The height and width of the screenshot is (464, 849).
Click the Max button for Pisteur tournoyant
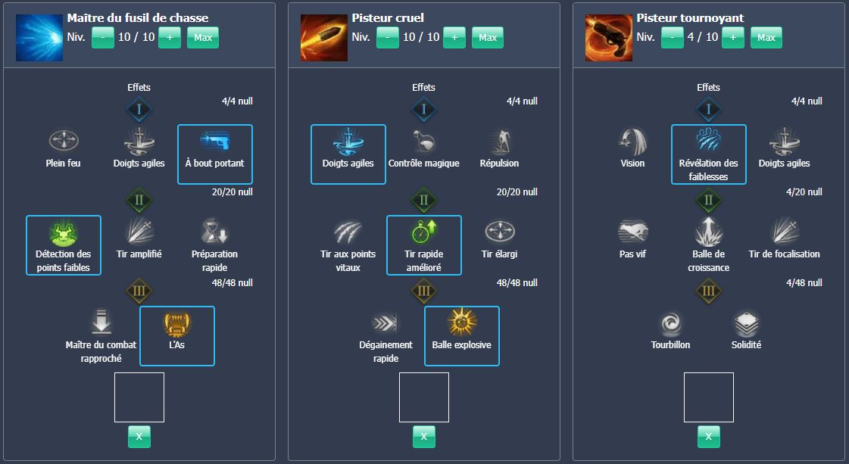[766, 37]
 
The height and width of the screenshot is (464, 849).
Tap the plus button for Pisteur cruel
[454, 37]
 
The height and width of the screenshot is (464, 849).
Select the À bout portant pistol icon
[215, 141]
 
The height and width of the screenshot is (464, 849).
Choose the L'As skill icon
[177, 323]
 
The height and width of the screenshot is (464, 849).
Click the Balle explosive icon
[462, 323]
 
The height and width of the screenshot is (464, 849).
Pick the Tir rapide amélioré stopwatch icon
[424, 232]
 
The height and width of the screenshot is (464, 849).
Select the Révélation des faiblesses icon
[709, 141]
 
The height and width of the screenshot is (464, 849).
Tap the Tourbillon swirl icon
[671, 323]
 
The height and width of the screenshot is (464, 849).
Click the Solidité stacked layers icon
[747, 323]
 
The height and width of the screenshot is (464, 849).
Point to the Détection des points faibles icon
[64, 232]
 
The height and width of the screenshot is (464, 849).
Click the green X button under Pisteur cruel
[424, 436]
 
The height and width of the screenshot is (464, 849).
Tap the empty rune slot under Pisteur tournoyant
[709, 397]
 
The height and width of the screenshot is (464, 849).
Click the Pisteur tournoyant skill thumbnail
[608, 37]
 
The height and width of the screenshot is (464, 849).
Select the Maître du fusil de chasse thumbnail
[39, 37]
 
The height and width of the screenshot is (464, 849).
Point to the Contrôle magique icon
[424, 141]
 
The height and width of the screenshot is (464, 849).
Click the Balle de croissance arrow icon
[709, 232]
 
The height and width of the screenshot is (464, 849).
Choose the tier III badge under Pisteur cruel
[424, 291]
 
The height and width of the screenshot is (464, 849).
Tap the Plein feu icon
[64, 141]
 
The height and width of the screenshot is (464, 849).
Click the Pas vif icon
[633, 232]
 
